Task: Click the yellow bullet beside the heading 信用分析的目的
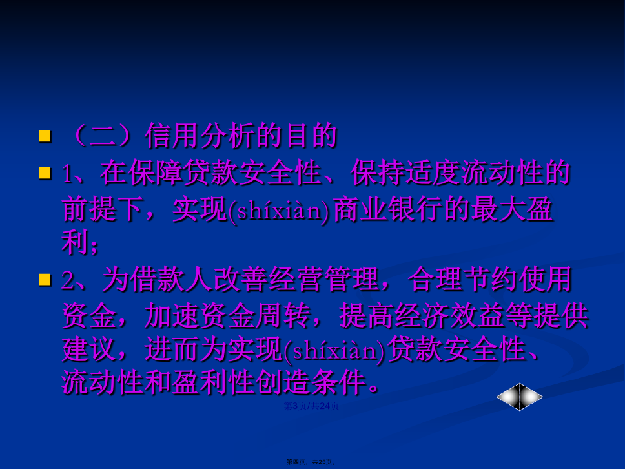[x=45, y=136]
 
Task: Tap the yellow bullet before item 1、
[x=45, y=173]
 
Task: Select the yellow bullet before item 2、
[x=45, y=279]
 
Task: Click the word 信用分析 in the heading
[x=200, y=136]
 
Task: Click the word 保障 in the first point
[x=155, y=173]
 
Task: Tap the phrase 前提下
[x=103, y=209]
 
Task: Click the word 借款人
[x=171, y=279]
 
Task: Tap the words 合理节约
[x=463, y=279]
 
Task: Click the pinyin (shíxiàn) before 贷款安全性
[x=335, y=350]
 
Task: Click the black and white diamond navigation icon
[x=519, y=397]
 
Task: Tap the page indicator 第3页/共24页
[x=311, y=406]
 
